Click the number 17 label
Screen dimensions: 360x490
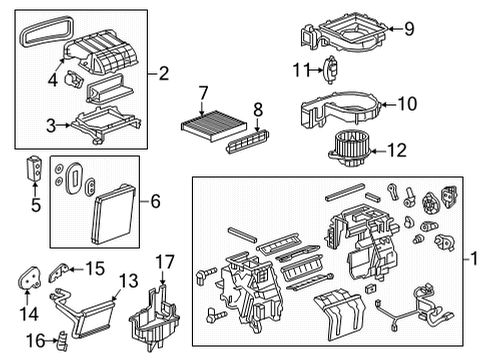(165, 262)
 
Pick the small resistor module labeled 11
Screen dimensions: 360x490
(334, 70)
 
